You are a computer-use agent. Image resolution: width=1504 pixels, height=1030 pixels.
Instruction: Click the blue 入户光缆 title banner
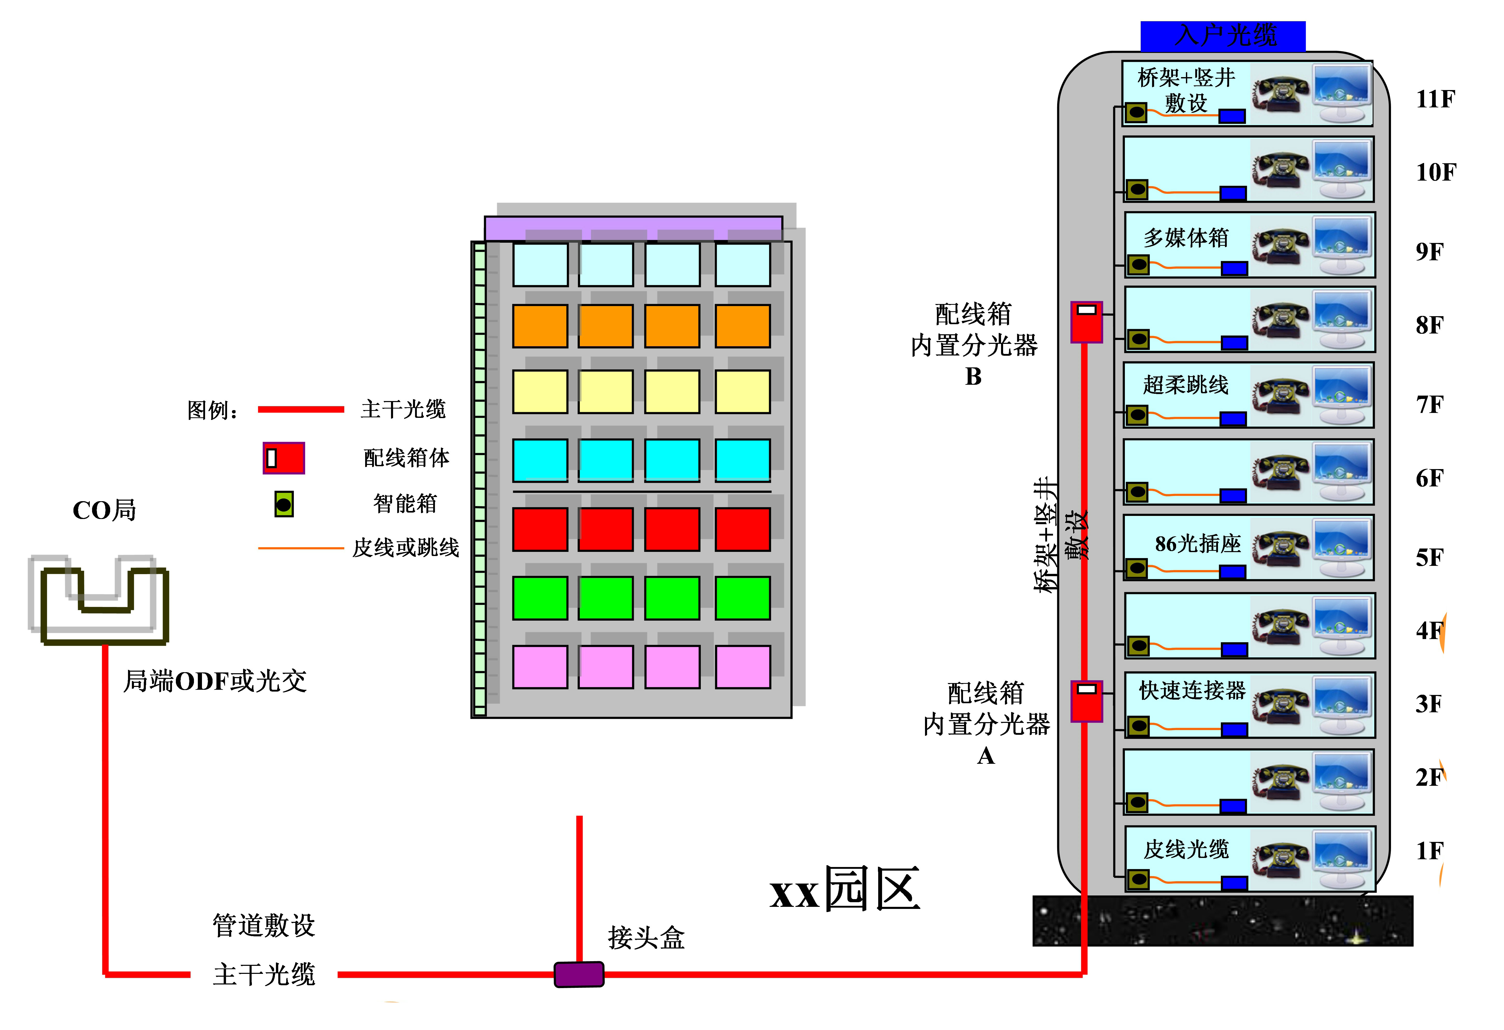point(1222,36)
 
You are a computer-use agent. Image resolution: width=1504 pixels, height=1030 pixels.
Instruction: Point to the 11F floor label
point(1435,99)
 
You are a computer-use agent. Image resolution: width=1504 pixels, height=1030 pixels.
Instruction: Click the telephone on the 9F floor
point(1280,247)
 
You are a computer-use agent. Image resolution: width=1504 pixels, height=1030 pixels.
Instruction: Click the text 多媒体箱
point(1186,238)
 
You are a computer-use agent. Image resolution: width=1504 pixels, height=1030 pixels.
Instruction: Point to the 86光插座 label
point(1198,544)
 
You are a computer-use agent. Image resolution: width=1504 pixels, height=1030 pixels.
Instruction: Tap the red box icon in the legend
point(283,458)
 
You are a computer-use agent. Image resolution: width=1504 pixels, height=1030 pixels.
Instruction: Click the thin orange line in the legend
point(301,548)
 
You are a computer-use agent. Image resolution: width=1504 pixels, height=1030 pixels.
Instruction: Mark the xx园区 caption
point(845,890)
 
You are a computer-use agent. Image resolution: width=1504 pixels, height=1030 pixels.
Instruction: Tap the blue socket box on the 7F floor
point(1233,419)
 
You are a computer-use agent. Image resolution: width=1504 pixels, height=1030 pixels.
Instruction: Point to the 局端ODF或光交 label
point(215,681)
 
